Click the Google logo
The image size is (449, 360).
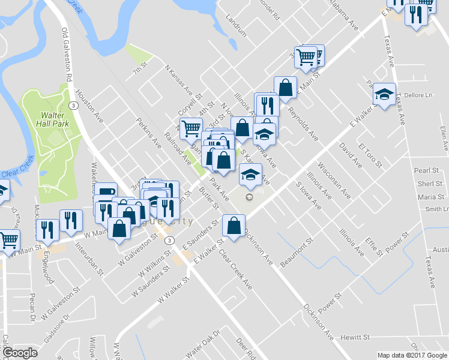[x=20, y=353]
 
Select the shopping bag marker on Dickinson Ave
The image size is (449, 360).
[x=234, y=226]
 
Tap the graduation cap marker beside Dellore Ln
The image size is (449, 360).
[x=384, y=94]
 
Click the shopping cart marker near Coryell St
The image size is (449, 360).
[x=191, y=127]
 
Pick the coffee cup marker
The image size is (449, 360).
[x=106, y=193]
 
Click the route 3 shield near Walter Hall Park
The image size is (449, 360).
[x=73, y=105]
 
